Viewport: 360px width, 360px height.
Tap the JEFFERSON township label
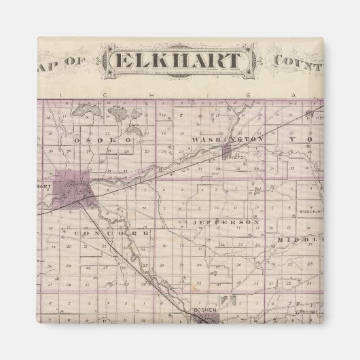pos(226,222)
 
